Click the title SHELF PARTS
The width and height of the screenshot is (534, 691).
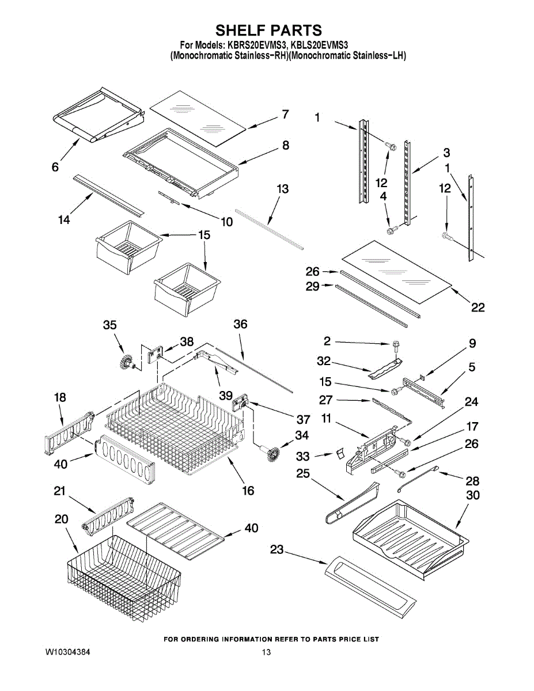[x=268, y=30]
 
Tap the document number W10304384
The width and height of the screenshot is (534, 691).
[x=67, y=652]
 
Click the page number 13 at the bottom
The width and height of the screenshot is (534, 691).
[x=266, y=652]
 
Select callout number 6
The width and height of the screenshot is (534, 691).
[x=55, y=167]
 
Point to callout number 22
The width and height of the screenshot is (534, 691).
[x=478, y=307]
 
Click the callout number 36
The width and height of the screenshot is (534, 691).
[x=240, y=324]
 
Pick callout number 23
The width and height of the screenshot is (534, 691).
[x=277, y=550]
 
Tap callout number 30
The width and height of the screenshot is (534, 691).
[x=473, y=495]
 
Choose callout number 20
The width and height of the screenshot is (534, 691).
[x=62, y=519]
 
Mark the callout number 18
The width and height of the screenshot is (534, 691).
[x=60, y=397]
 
